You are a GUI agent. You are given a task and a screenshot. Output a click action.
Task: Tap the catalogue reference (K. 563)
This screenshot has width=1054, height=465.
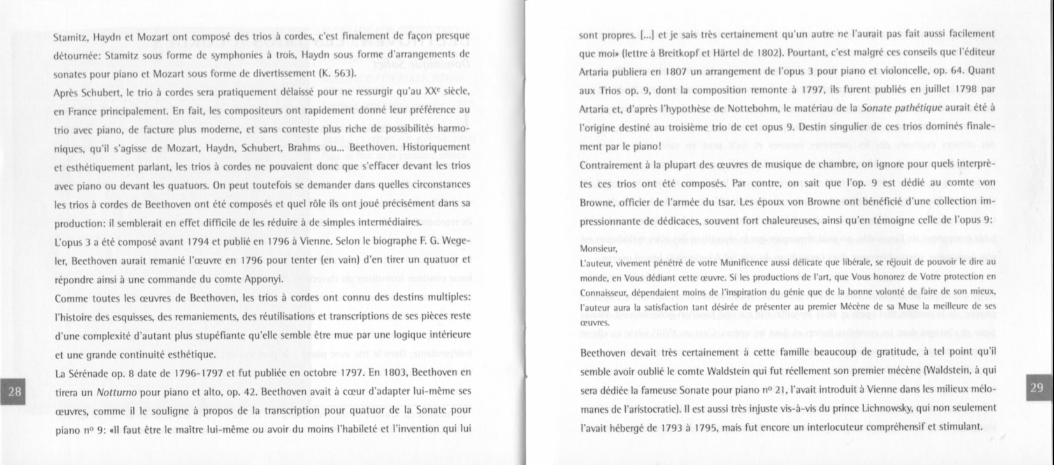(x=335, y=73)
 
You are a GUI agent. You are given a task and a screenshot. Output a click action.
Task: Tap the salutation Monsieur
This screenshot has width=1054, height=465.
(x=598, y=249)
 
